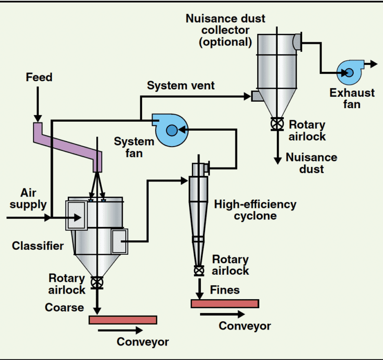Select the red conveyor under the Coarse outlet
123,320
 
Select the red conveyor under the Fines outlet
224,304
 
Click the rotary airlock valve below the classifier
98,283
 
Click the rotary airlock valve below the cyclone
199,271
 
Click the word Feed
39,77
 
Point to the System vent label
181,86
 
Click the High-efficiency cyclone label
255,210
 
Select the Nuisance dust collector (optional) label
225,30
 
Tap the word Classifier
38,246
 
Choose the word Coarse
64,307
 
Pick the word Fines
225,290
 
